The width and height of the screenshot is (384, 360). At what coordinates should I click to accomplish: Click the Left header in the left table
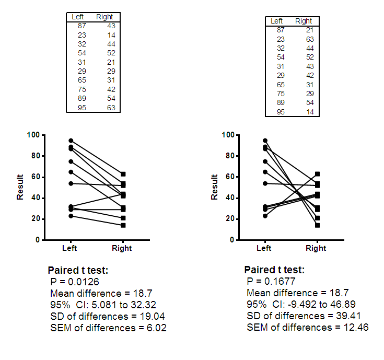tap(77, 17)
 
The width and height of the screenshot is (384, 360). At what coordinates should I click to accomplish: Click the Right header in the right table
tap(304, 21)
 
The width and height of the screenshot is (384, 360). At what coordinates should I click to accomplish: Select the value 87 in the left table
tap(82, 26)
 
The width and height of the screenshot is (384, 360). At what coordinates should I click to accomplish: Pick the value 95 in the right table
tap(281, 112)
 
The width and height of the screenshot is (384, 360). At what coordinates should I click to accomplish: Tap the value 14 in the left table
tap(111, 35)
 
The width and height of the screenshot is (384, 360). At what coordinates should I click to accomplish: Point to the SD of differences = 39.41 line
tap(303, 316)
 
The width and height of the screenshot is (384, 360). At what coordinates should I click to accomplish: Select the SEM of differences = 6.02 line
tap(108, 328)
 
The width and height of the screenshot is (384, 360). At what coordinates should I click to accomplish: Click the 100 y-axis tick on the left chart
tap(33, 135)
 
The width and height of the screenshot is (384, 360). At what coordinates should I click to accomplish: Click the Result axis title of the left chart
tap(20, 187)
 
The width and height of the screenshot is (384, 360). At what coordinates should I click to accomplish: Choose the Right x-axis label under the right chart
tap(316, 248)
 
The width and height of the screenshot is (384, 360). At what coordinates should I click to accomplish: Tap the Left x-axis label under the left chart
tap(70, 248)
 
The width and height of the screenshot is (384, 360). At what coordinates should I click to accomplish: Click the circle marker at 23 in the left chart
tap(71, 216)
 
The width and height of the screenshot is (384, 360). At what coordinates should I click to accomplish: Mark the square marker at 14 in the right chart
tap(317, 225)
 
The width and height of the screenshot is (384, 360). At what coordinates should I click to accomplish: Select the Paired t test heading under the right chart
tap(274, 270)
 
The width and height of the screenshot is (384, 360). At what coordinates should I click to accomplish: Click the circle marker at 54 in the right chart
tap(265, 183)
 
